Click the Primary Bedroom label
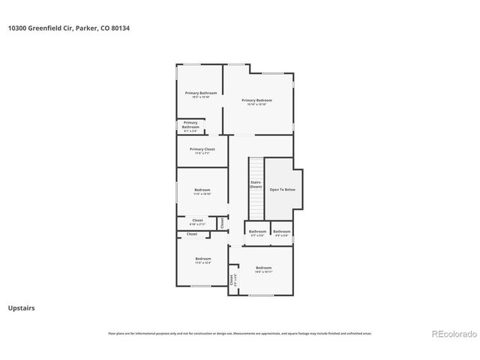pos(256,101)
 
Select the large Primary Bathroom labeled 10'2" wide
pos(200,94)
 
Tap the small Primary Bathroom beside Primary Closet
pos(190,125)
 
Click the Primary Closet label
pos(202,150)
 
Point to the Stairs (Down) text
pos(255,184)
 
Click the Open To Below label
pos(282,190)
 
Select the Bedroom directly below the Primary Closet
pos(202,191)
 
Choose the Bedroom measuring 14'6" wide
pos(263,269)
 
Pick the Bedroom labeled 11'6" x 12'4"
pos(203,260)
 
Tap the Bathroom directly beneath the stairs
pos(257,232)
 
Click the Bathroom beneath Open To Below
pos(281,232)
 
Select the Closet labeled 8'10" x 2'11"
pos(198,222)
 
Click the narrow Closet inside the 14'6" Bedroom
pos(232,280)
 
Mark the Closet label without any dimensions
pos(192,234)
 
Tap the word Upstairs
pos(21,307)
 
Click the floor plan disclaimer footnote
pos(240,333)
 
